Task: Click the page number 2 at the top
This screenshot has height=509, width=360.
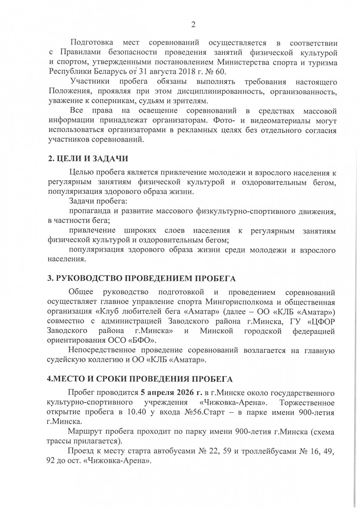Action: point(193,25)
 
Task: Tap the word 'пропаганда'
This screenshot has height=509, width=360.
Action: point(90,211)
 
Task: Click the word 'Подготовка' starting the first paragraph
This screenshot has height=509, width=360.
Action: point(91,43)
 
